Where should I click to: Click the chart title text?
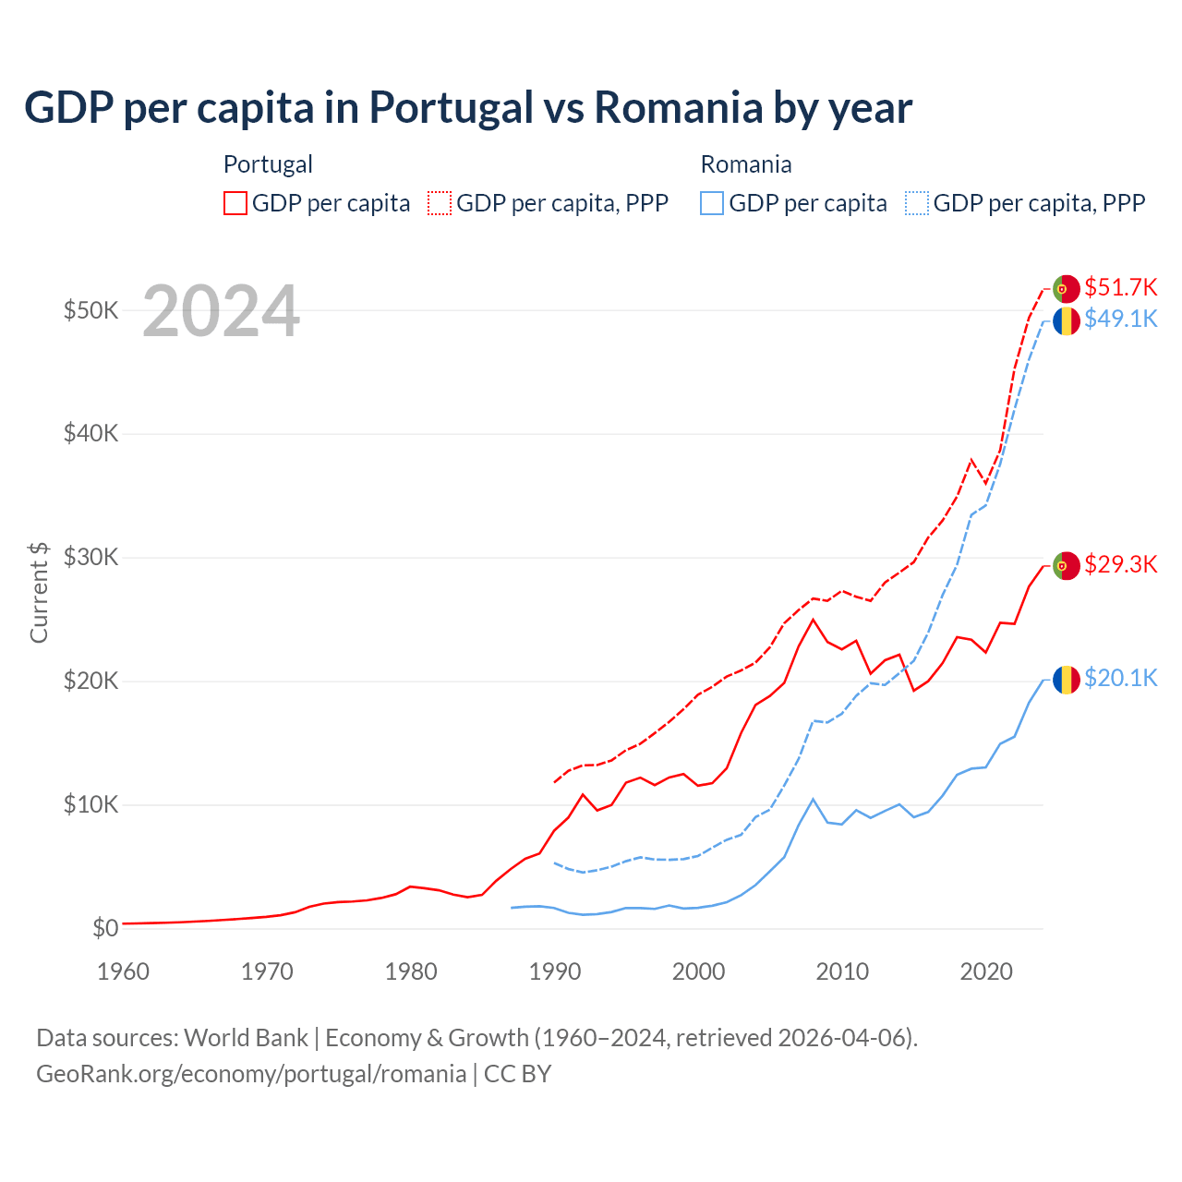click(x=468, y=107)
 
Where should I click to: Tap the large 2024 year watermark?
click(x=221, y=311)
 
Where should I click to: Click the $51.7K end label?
click(x=1120, y=287)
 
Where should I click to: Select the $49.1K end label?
click(x=1120, y=319)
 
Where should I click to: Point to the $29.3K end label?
click(x=1120, y=564)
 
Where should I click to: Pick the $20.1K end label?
click(x=1120, y=679)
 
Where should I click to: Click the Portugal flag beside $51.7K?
click(x=1067, y=289)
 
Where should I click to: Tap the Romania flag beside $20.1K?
click(x=1067, y=681)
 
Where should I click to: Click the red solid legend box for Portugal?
click(x=235, y=203)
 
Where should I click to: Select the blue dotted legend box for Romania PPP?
click(x=917, y=203)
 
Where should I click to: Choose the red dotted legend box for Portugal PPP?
click(x=440, y=203)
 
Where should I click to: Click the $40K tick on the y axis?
click(x=90, y=433)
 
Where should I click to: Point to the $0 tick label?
click(x=105, y=928)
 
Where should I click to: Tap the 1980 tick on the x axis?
click(x=411, y=971)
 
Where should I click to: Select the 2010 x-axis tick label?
click(x=842, y=971)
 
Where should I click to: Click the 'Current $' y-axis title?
click(x=39, y=592)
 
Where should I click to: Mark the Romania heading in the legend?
click(x=746, y=164)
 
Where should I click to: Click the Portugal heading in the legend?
click(x=268, y=164)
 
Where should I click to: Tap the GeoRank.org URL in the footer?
click(x=251, y=1074)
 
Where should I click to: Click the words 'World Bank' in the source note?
click(x=246, y=1038)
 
